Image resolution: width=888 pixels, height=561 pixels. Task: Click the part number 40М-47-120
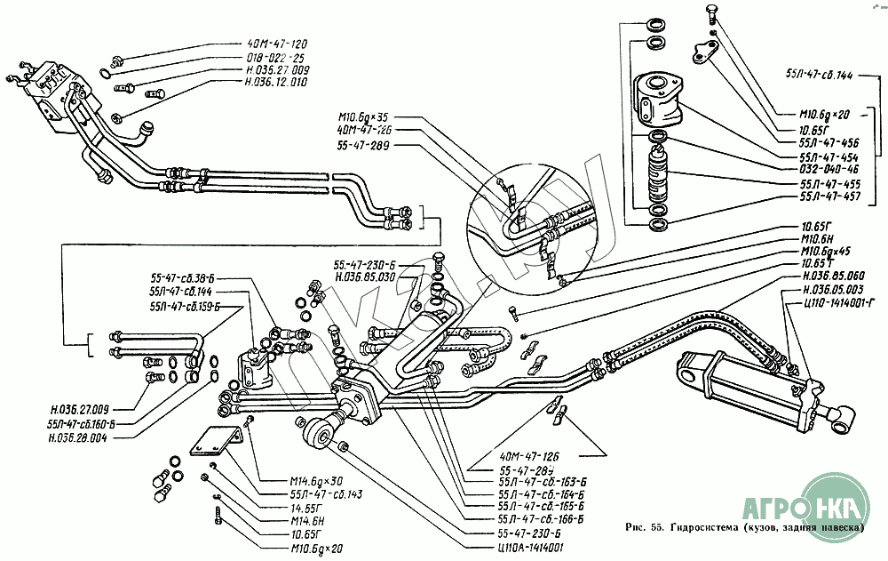click(277, 44)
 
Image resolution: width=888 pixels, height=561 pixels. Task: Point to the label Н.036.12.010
click(276, 82)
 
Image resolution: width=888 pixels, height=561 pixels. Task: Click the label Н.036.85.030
click(365, 276)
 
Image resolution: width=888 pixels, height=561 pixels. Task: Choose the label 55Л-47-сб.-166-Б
click(540, 518)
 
